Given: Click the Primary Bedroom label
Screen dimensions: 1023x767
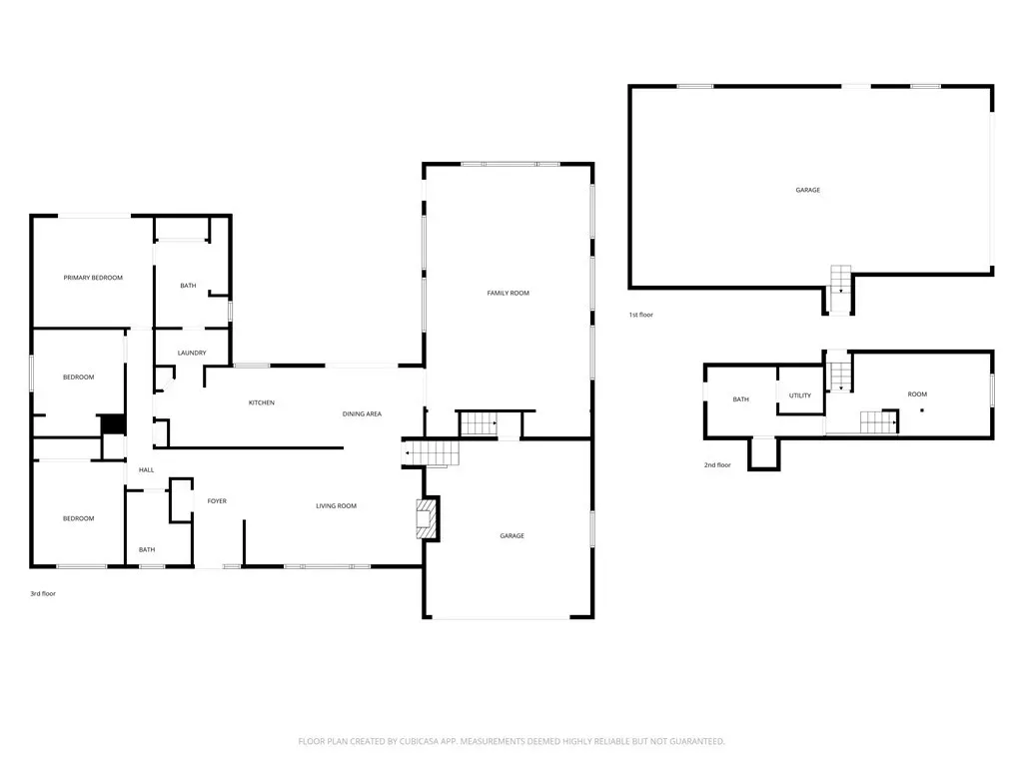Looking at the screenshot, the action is [93, 278].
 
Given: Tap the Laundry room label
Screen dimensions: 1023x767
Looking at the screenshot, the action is [192, 353].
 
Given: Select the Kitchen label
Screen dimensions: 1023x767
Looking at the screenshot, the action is [262, 403].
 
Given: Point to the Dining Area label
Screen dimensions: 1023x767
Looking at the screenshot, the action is [362, 414].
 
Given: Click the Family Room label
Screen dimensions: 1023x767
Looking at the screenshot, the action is [509, 294].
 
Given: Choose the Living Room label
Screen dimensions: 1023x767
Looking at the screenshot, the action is [336, 506].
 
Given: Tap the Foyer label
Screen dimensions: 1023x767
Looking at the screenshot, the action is [217, 501].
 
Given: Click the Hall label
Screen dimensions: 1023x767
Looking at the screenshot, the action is [146, 470].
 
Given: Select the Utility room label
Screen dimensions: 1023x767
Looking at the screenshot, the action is [800, 395].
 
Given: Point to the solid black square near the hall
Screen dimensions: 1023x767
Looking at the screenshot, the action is [113, 424].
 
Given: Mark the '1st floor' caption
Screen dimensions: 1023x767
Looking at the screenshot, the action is [640, 315].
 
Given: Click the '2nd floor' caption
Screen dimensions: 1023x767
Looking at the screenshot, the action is [717, 465].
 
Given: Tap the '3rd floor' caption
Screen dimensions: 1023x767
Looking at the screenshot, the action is [43, 594].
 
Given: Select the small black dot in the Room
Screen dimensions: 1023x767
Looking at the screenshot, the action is [922, 410].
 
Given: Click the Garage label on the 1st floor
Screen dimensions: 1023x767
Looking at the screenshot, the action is [807, 191].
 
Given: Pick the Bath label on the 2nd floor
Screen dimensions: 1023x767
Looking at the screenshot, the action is [740, 399].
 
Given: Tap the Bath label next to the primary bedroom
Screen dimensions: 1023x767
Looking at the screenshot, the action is [188, 286].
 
